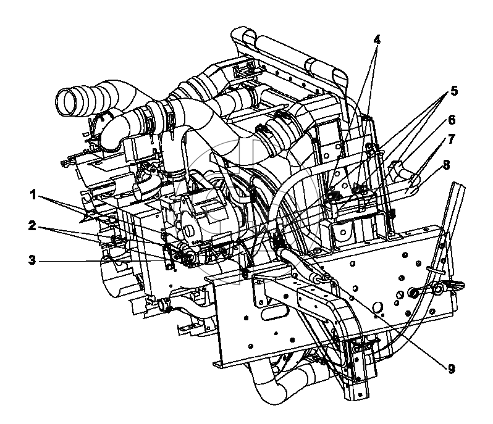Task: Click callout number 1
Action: [33, 196]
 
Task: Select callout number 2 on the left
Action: [32, 225]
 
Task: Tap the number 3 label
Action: [32, 260]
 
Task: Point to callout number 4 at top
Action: [377, 39]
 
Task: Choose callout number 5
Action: [453, 91]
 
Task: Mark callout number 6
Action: [452, 120]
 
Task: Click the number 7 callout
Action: [452, 139]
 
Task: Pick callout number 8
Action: [447, 165]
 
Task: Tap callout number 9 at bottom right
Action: [452, 369]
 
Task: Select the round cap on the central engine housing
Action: [189, 231]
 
